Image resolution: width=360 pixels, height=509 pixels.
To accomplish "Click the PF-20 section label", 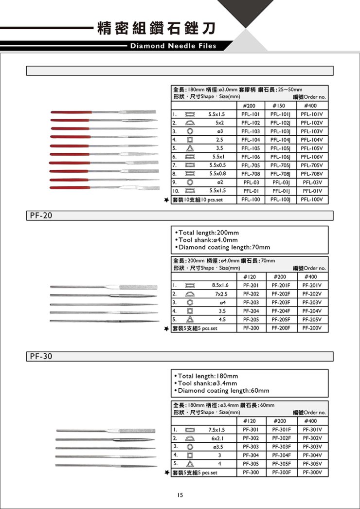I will point(38,216).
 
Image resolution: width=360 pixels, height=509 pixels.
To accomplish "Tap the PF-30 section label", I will point(38,356).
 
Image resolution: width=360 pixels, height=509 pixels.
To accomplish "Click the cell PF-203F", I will point(281,302).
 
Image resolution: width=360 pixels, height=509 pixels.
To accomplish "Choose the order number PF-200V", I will point(312,328).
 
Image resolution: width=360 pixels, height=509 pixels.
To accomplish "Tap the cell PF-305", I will point(251,464).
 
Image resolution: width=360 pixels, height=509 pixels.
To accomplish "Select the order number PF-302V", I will point(312,438).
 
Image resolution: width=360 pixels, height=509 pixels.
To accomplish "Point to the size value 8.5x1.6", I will point(217,285).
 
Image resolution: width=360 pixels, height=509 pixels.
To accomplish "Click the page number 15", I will point(180,495).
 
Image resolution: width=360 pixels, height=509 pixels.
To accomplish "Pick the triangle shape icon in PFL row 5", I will point(189,148).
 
